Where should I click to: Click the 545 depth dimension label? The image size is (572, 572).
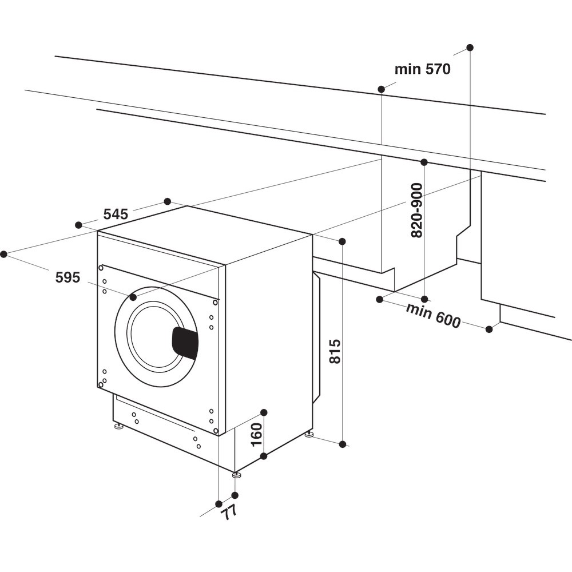point(116,214)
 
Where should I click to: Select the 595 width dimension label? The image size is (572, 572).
point(67,277)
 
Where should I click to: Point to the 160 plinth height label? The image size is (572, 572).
point(256,434)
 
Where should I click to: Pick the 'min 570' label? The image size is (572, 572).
point(422,70)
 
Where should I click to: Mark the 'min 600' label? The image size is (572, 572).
point(433,316)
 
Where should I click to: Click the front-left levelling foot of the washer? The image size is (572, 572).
point(118,426)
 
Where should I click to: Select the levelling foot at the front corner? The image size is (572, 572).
point(236,474)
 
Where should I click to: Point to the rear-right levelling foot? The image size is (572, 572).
point(309,435)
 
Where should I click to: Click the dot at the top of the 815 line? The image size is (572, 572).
point(342,241)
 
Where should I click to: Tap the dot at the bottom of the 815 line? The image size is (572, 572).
point(342,444)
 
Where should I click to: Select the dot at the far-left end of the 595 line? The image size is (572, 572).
point(4,254)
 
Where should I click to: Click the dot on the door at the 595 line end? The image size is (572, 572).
point(133,297)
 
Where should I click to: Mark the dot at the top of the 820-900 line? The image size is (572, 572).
point(424,162)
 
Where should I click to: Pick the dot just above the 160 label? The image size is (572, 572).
point(264,412)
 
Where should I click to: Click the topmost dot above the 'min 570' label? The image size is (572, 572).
point(470,47)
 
